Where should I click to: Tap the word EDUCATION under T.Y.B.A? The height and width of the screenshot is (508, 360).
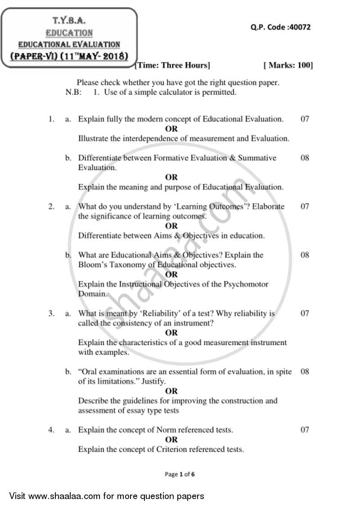pyautogui.click(x=69, y=33)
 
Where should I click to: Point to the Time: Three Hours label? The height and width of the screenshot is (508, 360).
pyautogui.click(x=173, y=66)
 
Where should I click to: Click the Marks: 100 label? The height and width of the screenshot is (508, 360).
pyautogui.click(x=288, y=66)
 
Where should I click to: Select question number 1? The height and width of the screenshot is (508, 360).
pyautogui.click(x=51, y=119)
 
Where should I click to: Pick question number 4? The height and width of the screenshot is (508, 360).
pyautogui.click(x=51, y=430)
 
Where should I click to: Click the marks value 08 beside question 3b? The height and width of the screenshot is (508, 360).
pyautogui.click(x=305, y=372)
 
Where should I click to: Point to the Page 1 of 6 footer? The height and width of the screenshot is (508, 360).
pyautogui.click(x=180, y=474)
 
